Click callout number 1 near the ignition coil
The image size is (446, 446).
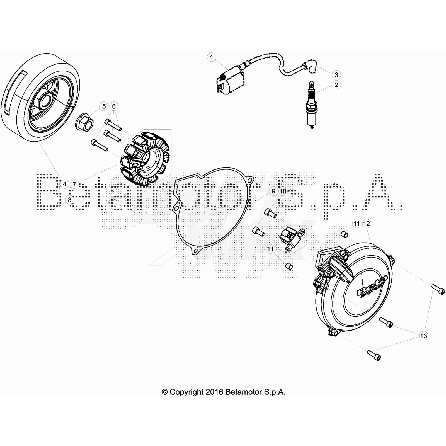[x=212, y=57]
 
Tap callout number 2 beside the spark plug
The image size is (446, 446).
[x=336, y=85]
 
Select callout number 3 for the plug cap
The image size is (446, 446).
[x=336, y=75]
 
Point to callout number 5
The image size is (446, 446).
[x=104, y=106]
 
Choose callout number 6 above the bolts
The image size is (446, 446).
[x=114, y=106]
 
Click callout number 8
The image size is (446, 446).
[x=70, y=200]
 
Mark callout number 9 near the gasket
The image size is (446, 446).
[x=273, y=191]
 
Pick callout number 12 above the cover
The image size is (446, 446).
[x=367, y=224]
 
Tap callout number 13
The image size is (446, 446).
[x=423, y=336]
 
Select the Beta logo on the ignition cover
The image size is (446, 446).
[x=372, y=287]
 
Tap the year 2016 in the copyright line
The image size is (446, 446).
[x=214, y=392]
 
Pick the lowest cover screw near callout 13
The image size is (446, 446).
[x=374, y=355]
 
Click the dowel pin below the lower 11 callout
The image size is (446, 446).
[x=289, y=266]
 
